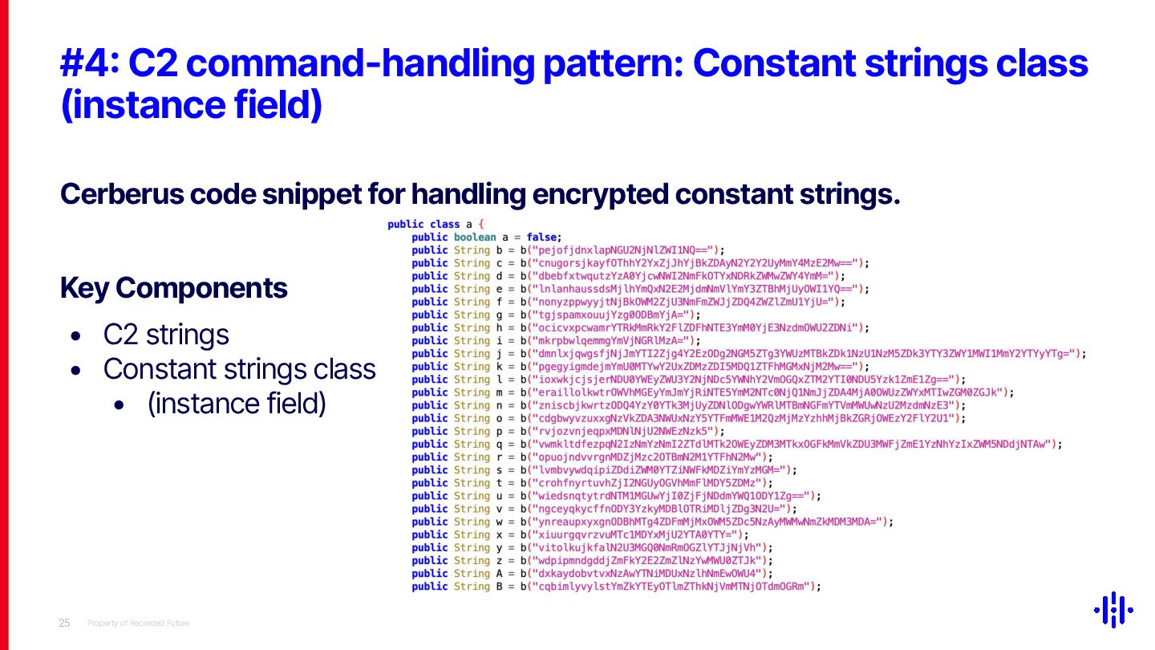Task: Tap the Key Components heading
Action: coord(174,289)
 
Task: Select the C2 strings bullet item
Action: coord(166,335)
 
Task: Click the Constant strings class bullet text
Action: coord(239,369)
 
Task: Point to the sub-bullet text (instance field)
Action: coord(237,404)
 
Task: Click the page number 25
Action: coord(64,624)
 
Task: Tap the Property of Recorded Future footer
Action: coord(138,624)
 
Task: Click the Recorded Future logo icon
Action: coord(1113,610)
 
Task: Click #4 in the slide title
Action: coord(88,64)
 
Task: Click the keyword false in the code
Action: coord(542,238)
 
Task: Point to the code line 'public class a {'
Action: coord(436,225)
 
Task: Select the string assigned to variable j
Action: coord(802,354)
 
